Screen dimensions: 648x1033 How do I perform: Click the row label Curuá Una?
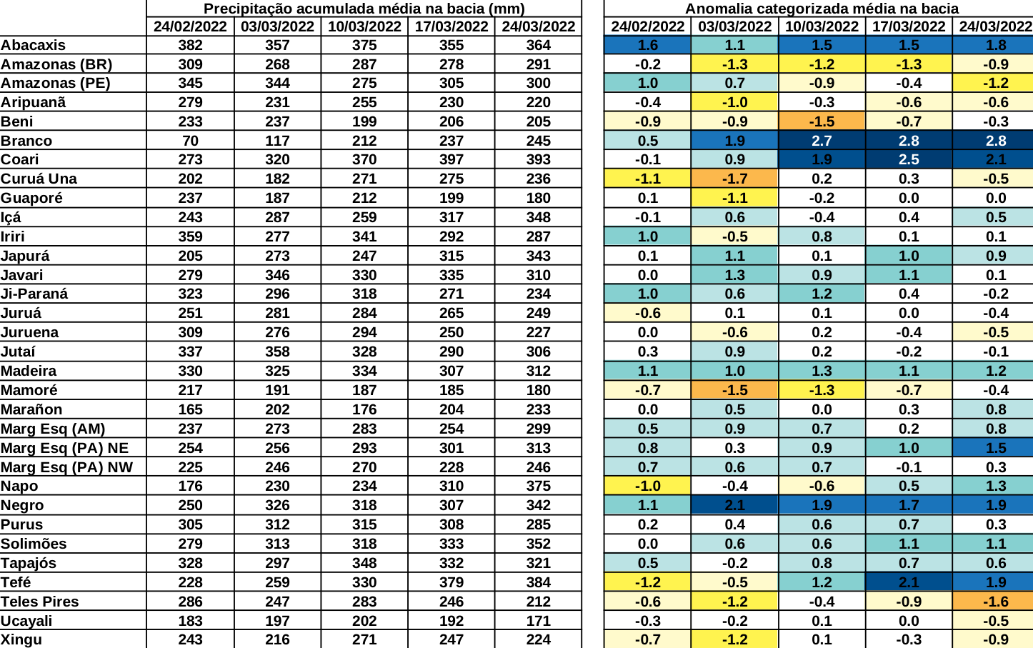tap(39, 179)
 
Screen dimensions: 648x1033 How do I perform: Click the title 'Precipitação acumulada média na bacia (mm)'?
tap(364, 9)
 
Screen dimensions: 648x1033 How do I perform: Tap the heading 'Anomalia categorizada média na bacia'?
tap(822, 9)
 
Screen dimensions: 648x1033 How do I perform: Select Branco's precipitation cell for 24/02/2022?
tap(190, 141)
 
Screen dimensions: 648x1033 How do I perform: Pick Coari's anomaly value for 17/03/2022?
tap(909, 159)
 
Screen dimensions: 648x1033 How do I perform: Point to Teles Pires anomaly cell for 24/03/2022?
tap(995, 602)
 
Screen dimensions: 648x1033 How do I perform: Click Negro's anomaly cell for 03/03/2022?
tap(734, 505)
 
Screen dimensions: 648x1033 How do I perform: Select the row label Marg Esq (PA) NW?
tap(66, 467)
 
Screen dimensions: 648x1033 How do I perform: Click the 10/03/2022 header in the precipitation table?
tap(364, 26)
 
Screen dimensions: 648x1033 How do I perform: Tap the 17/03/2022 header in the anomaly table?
tap(909, 26)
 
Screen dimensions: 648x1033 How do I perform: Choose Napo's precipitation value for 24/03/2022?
tap(538, 486)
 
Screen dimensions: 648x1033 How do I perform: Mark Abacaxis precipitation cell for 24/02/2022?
tap(190, 45)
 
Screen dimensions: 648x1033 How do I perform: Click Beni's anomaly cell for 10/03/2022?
tap(822, 121)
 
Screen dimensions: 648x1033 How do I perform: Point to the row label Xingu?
tap(21, 639)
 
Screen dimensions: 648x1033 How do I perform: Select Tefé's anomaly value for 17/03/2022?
tap(909, 582)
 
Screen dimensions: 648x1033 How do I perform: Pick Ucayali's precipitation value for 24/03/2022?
tap(538, 621)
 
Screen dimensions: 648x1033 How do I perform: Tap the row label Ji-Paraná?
tap(34, 294)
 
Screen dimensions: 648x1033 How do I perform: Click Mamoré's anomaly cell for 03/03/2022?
tap(734, 390)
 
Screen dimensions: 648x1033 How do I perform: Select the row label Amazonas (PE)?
tap(55, 83)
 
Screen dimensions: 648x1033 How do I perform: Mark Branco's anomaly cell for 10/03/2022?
tap(822, 141)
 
